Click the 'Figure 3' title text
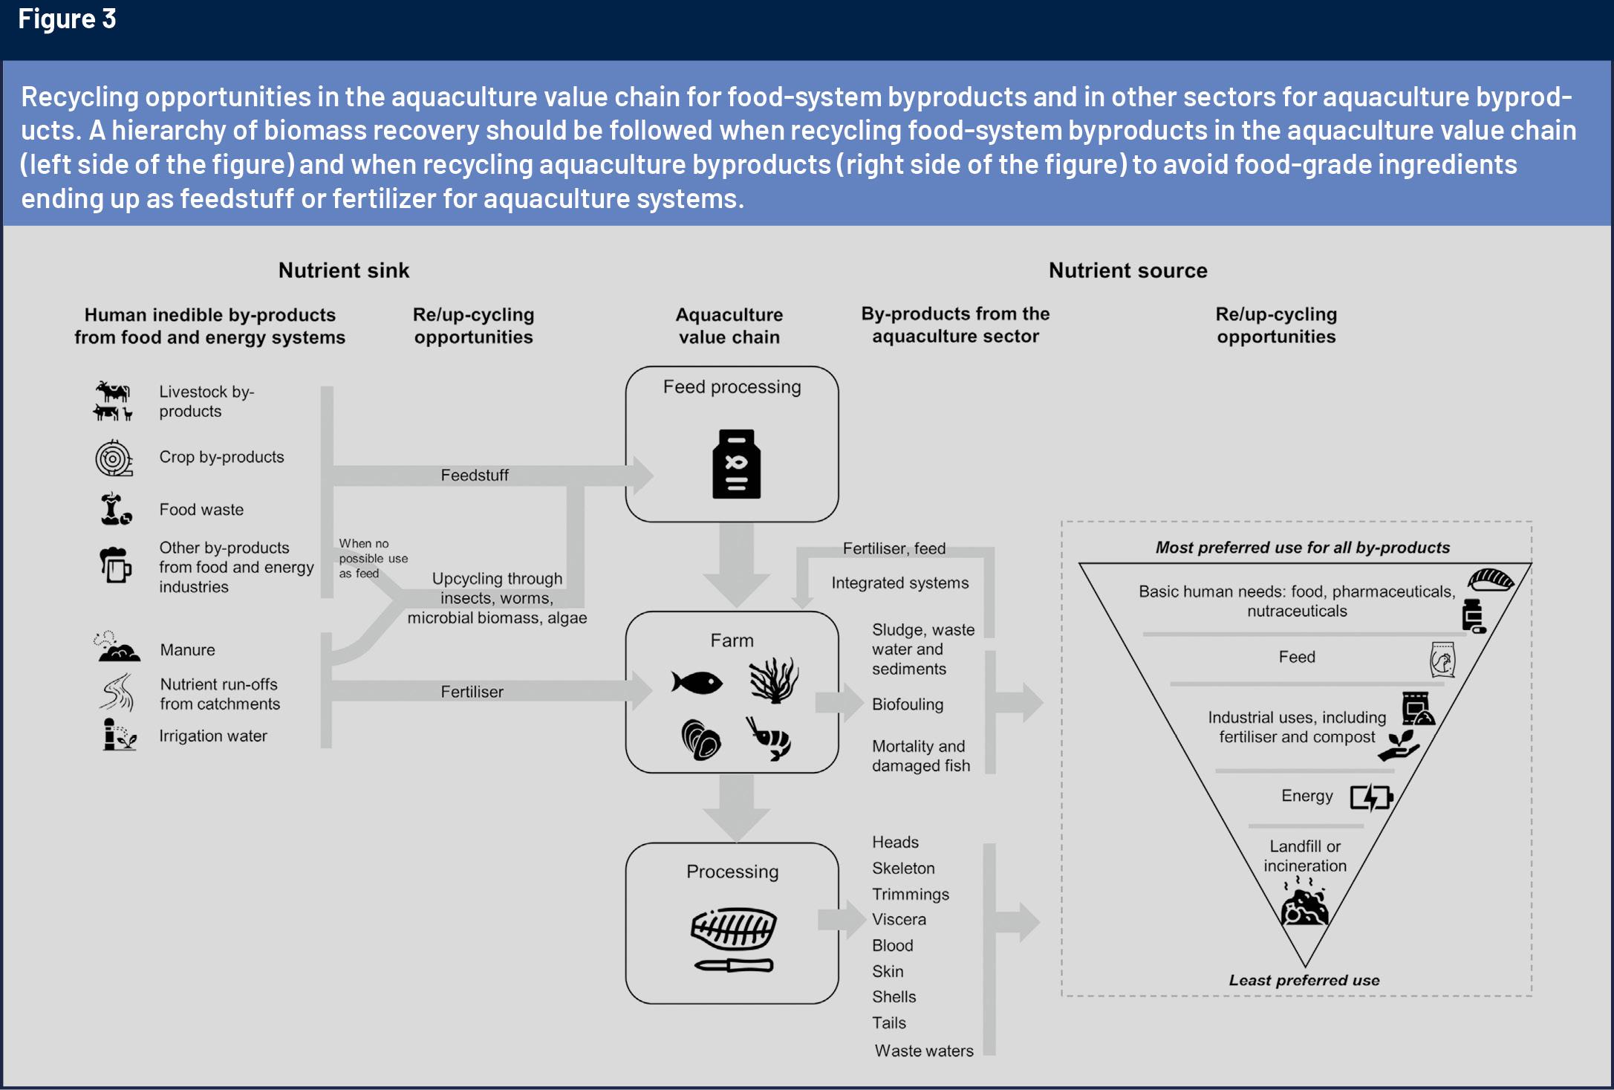tap(67, 19)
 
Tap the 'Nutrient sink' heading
tap(343, 270)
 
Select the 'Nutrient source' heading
tap(1127, 270)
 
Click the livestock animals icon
tap(113, 401)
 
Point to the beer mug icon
tap(115, 565)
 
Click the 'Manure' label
tap(187, 650)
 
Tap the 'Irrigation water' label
tap(212, 736)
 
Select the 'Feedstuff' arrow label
tap(475, 476)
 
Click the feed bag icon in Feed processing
tap(735, 464)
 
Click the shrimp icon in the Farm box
tap(770, 738)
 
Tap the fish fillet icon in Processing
tap(733, 930)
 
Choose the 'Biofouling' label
tap(907, 704)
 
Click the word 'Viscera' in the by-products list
tap(899, 919)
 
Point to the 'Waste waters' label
tap(923, 1051)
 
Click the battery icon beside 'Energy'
tap(1370, 797)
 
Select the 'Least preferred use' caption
tap(1304, 980)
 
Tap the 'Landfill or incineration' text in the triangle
tap(1304, 856)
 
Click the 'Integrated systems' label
tap(899, 583)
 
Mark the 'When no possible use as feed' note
tap(372, 559)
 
